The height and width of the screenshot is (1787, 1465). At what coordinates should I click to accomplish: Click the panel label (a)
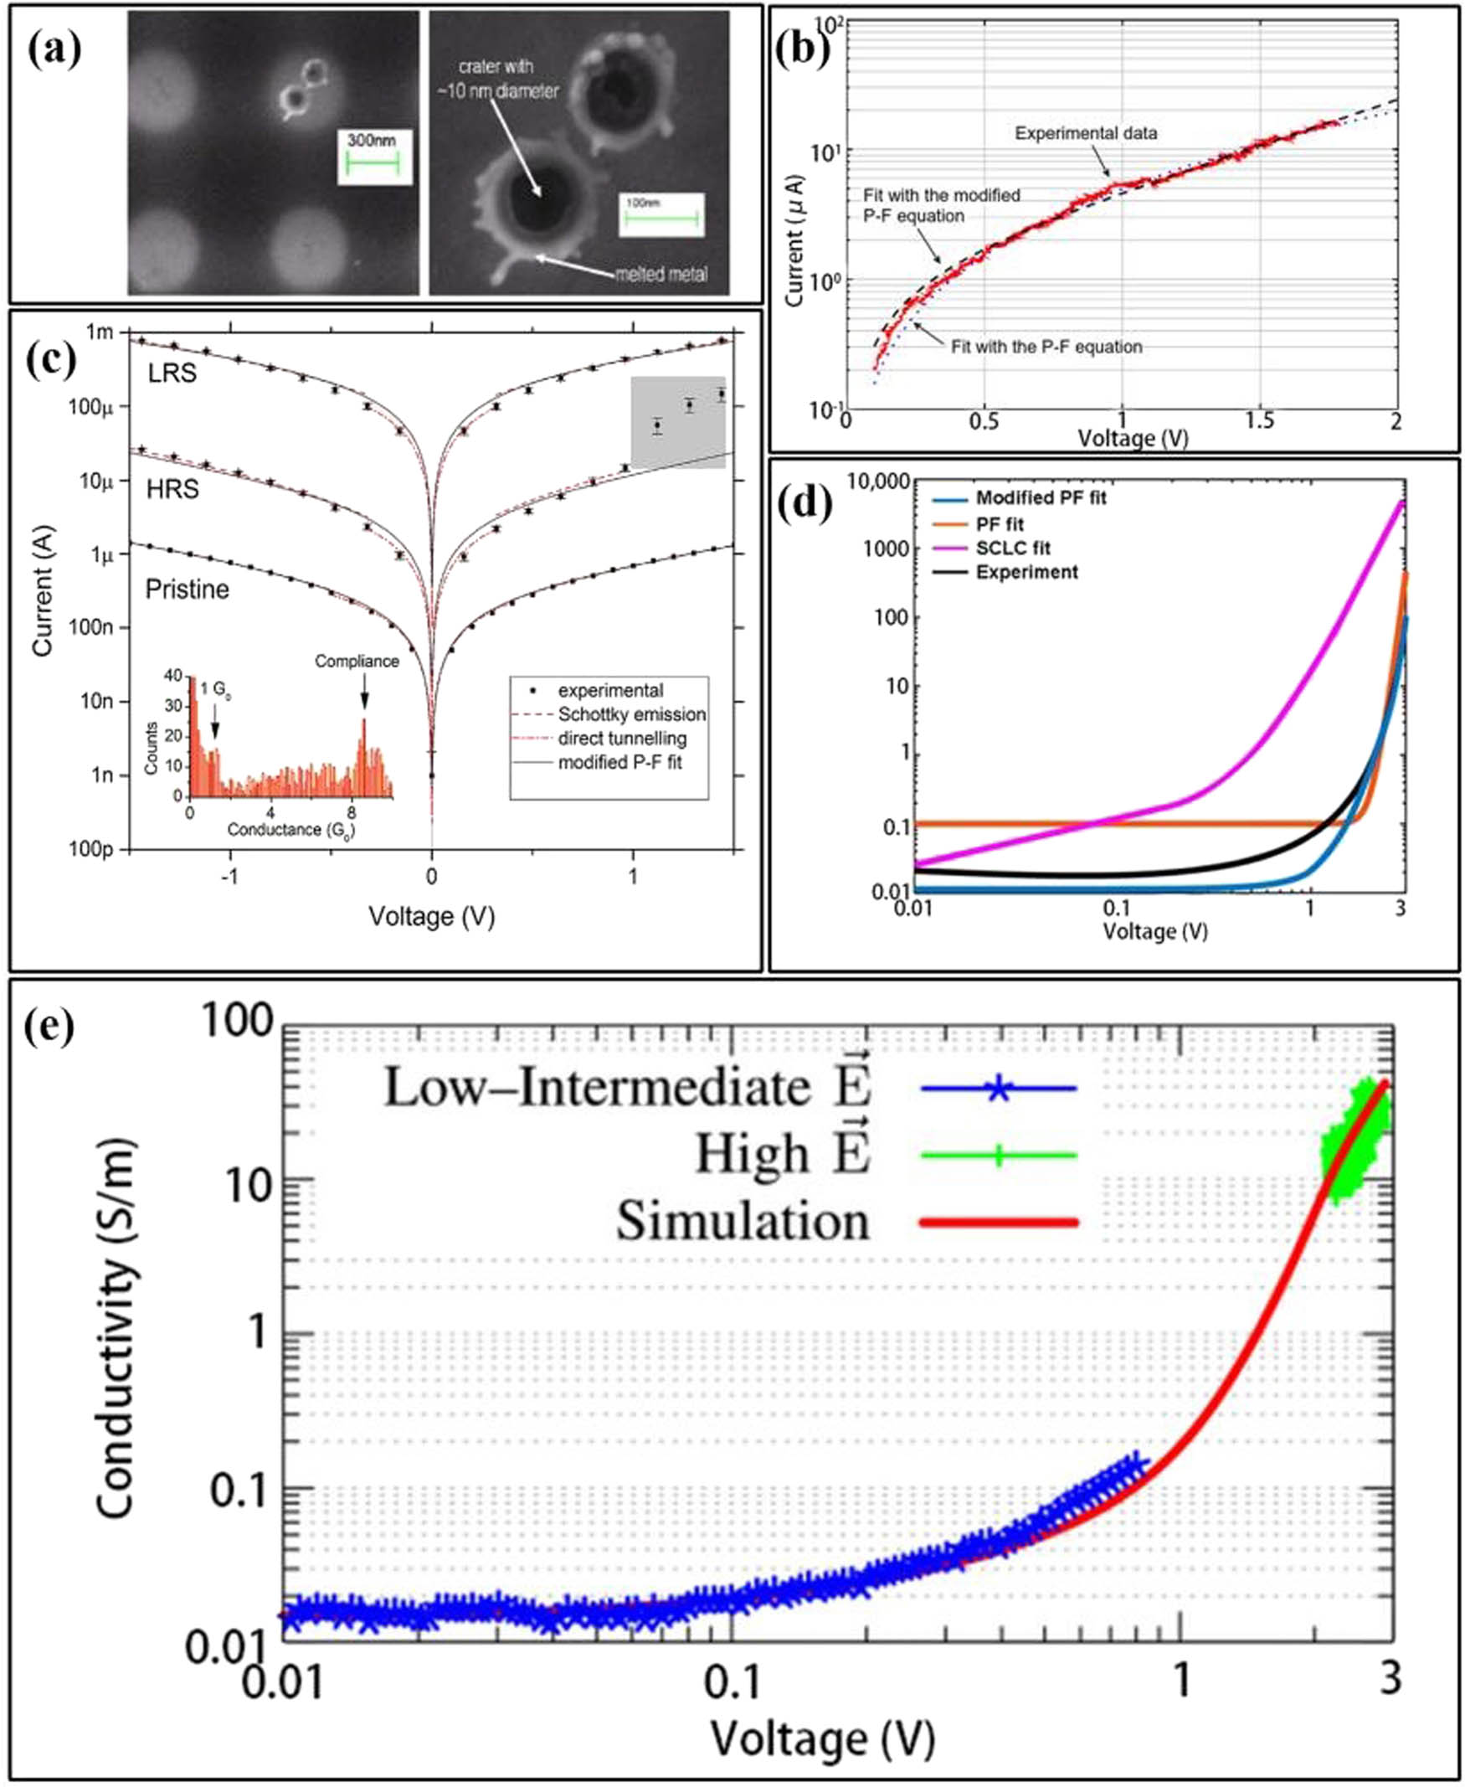pos(54,49)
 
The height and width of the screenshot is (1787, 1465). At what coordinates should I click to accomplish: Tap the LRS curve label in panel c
pos(172,373)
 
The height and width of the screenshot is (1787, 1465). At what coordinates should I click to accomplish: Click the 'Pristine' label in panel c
pos(188,589)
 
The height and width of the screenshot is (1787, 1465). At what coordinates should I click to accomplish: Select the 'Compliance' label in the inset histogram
pos(357,661)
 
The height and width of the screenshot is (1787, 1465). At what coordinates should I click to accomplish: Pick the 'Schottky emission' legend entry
pos(631,714)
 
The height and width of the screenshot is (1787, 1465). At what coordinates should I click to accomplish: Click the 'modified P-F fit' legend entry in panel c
pos(620,762)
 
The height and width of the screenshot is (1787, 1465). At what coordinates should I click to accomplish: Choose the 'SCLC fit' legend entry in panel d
pos(1013,548)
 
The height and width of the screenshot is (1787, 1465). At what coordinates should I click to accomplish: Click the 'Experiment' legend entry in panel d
pos(1026,572)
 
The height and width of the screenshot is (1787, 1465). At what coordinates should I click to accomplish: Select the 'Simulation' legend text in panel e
pos(743,1222)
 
